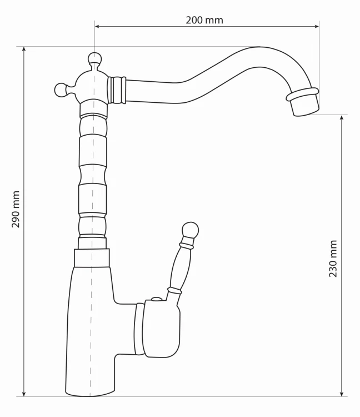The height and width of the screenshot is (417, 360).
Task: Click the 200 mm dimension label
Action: pos(204,20)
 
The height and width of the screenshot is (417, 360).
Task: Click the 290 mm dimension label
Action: pos(16,209)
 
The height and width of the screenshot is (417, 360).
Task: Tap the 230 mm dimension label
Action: pos(333,259)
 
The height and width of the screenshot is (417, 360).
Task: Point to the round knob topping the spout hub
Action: pos(94,58)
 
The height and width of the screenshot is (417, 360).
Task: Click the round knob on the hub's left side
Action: pos(61,90)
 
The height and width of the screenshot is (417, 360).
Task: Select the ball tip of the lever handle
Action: pos(190,230)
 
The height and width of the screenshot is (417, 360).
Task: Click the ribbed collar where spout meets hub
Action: pos(116,90)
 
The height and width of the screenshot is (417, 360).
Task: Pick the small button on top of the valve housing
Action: pos(156,299)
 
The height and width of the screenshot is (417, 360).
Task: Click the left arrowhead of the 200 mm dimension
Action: pos(97,26)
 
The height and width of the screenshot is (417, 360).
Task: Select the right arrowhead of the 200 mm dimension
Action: pos(316,26)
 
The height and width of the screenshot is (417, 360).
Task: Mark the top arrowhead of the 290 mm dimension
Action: pos(24,49)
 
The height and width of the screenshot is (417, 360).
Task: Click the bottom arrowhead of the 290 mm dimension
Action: pos(24,394)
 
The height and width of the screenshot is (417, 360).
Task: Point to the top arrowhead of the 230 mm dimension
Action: pos(342,118)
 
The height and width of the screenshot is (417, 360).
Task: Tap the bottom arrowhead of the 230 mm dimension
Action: pos(342,394)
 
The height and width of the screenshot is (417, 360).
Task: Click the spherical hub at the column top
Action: pos(92,86)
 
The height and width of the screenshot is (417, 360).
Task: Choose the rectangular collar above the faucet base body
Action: pos(92,258)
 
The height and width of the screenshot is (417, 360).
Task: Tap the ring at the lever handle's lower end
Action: pos(174,290)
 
